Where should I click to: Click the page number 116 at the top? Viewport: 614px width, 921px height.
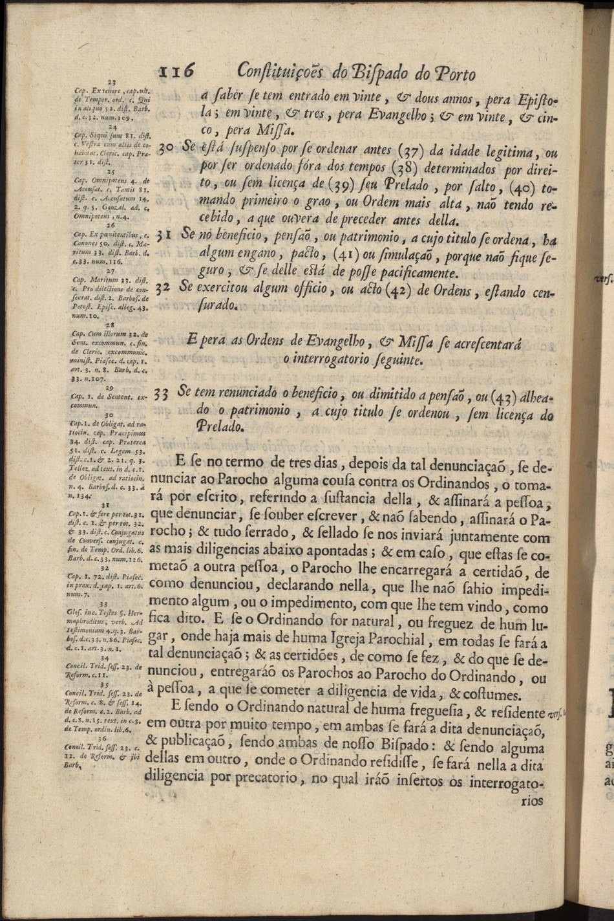point(176,72)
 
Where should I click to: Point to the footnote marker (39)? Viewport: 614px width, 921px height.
point(341,188)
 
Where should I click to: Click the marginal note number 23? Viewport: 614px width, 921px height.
point(111,82)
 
